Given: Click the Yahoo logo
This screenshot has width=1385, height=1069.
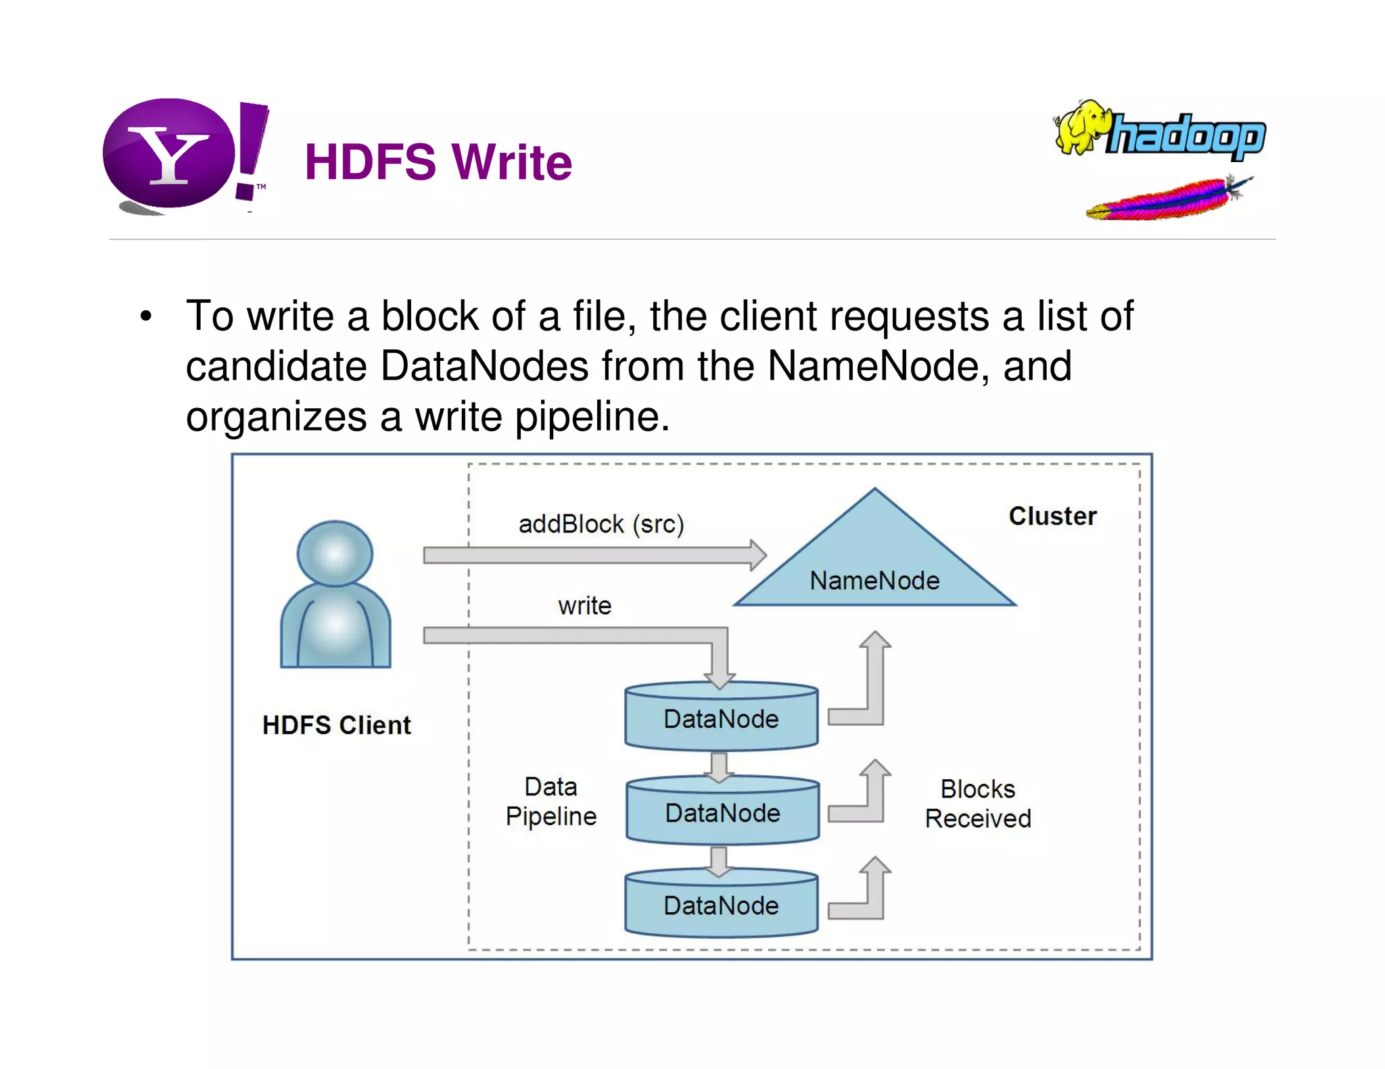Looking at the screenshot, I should (x=179, y=155).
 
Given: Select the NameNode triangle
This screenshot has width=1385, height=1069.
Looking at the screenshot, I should (x=874, y=561).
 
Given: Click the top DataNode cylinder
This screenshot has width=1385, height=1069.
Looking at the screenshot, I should (x=722, y=718).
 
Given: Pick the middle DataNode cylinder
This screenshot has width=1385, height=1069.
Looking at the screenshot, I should (x=722, y=812).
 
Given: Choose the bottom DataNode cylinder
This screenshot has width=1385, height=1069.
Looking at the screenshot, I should (x=722, y=905).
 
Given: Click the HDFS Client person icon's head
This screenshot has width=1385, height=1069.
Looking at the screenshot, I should (x=335, y=553).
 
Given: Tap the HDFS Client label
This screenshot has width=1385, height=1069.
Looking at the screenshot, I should (x=336, y=725).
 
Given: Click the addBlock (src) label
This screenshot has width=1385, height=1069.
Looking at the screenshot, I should (x=601, y=524).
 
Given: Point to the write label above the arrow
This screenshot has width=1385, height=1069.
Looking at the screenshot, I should (x=584, y=605).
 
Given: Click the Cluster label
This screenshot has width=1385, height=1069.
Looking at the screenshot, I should (x=1052, y=516).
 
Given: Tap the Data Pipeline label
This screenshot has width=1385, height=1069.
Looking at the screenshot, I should (x=551, y=801).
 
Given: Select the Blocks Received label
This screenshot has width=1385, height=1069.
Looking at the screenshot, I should (x=978, y=803).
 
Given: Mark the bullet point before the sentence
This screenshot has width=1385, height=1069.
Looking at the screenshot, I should (x=146, y=316).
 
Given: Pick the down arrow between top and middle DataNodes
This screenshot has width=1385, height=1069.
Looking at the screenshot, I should (x=720, y=766).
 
